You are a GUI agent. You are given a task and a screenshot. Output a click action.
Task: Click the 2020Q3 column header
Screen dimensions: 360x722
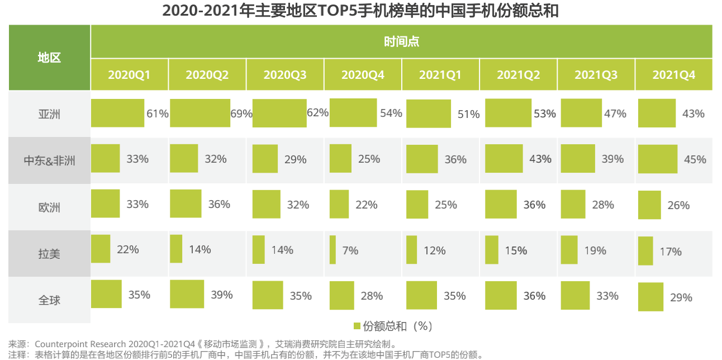(x=285, y=74)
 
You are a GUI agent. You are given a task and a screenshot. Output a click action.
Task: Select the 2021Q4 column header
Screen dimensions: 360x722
(x=673, y=74)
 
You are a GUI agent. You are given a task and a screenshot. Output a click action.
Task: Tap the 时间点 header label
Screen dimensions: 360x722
(x=401, y=41)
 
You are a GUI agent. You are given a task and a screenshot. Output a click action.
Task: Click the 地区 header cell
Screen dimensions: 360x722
(x=49, y=58)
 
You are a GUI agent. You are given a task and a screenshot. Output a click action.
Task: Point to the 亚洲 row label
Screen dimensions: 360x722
(x=49, y=115)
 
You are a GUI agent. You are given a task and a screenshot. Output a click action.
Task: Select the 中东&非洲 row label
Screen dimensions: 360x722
(x=49, y=161)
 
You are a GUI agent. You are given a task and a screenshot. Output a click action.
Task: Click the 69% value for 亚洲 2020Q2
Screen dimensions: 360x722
(x=241, y=113)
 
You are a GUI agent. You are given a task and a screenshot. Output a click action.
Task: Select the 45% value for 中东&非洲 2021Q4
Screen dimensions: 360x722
(x=695, y=160)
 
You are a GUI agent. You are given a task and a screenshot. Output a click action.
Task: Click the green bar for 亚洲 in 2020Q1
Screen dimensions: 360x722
(x=117, y=113)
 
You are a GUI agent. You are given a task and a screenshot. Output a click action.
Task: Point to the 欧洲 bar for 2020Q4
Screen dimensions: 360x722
(x=339, y=204)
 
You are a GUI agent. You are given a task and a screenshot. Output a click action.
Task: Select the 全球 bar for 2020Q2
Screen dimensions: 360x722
(x=187, y=294)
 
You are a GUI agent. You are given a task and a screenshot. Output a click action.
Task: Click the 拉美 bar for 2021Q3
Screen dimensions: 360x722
(x=569, y=250)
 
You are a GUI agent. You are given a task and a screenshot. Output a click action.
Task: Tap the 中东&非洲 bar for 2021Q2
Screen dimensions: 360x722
(x=503, y=158)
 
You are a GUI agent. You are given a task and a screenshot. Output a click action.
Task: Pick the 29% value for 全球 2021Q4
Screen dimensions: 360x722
(x=681, y=297)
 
